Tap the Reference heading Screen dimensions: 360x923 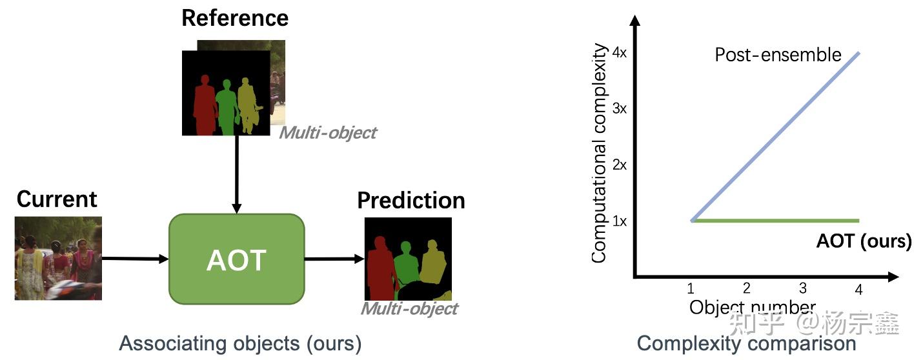point(235,17)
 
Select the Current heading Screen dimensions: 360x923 point(57,199)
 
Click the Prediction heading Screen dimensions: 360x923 point(411,201)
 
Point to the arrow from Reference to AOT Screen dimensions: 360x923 point(236,174)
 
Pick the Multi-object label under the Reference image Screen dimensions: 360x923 point(327,133)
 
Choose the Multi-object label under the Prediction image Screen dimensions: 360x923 point(409,308)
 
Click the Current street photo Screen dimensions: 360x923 point(58,258)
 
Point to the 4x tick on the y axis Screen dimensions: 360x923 point(619,53)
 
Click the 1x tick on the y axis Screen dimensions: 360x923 point(619,221)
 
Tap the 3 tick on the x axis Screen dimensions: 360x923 point(802,288)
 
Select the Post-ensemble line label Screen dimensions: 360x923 point(778,55)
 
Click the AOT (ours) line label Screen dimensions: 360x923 point(864,241)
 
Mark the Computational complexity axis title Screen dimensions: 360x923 point(600,153)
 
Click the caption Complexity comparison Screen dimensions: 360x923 point(746,343)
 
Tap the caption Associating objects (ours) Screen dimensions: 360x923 point(240,343)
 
